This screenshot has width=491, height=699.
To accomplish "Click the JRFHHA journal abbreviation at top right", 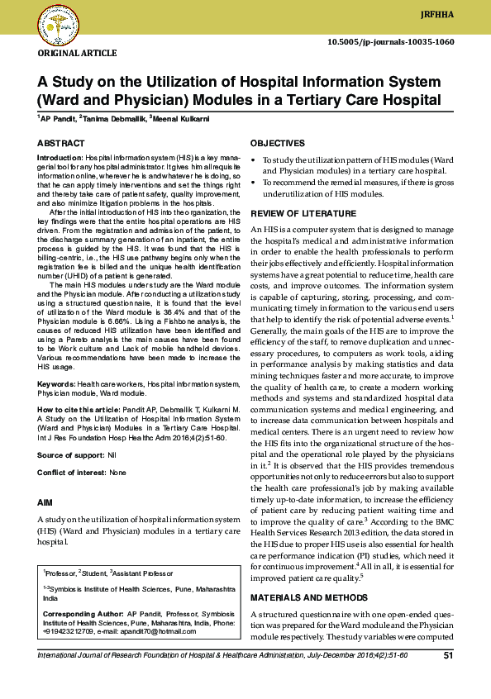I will click(x=461, y=14).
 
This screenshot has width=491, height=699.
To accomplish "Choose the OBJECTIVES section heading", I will click(x=277, y=143).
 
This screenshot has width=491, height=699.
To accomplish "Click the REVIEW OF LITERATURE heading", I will click(x=303, y=213).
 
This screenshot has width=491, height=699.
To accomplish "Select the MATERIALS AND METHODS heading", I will click(x=309, y=597).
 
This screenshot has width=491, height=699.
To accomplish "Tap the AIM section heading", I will click(x=45, y=502).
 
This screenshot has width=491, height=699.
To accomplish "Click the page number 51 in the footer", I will click(x=449, y=656).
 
